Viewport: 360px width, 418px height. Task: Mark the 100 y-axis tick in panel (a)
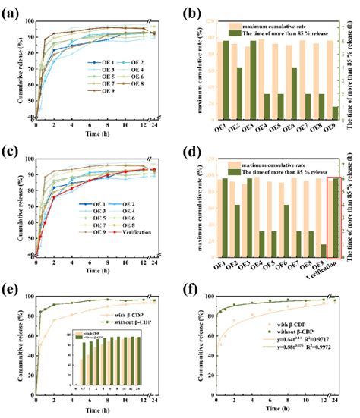[x=27, y=17]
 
